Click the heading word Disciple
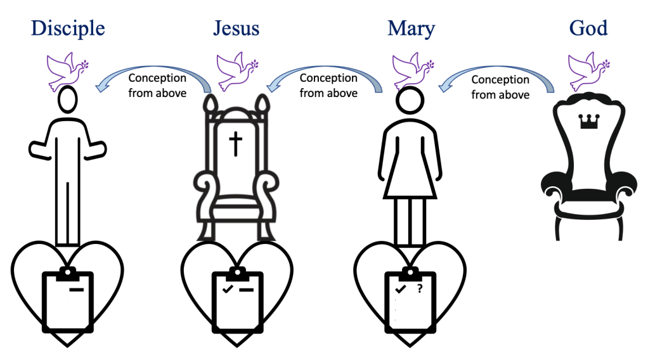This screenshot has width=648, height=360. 68,29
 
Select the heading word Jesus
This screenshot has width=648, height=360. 237,29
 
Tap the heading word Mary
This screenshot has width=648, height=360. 411,29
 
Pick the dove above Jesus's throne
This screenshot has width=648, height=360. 236,70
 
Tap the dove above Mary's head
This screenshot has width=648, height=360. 411,70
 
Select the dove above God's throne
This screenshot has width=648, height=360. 586,70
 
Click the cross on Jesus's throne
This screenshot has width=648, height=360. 236,145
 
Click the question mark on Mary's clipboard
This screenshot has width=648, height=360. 419,290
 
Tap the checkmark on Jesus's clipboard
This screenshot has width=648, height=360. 226,290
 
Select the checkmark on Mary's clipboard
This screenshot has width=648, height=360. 400,289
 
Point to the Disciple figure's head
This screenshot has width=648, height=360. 67,101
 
